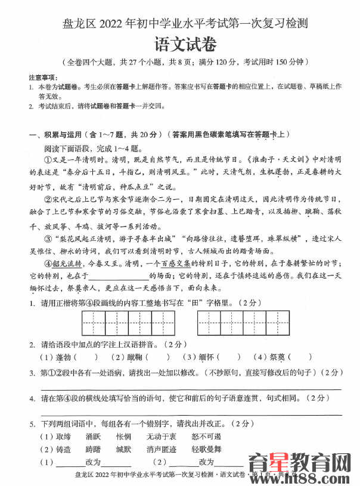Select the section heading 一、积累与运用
[59, 135]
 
